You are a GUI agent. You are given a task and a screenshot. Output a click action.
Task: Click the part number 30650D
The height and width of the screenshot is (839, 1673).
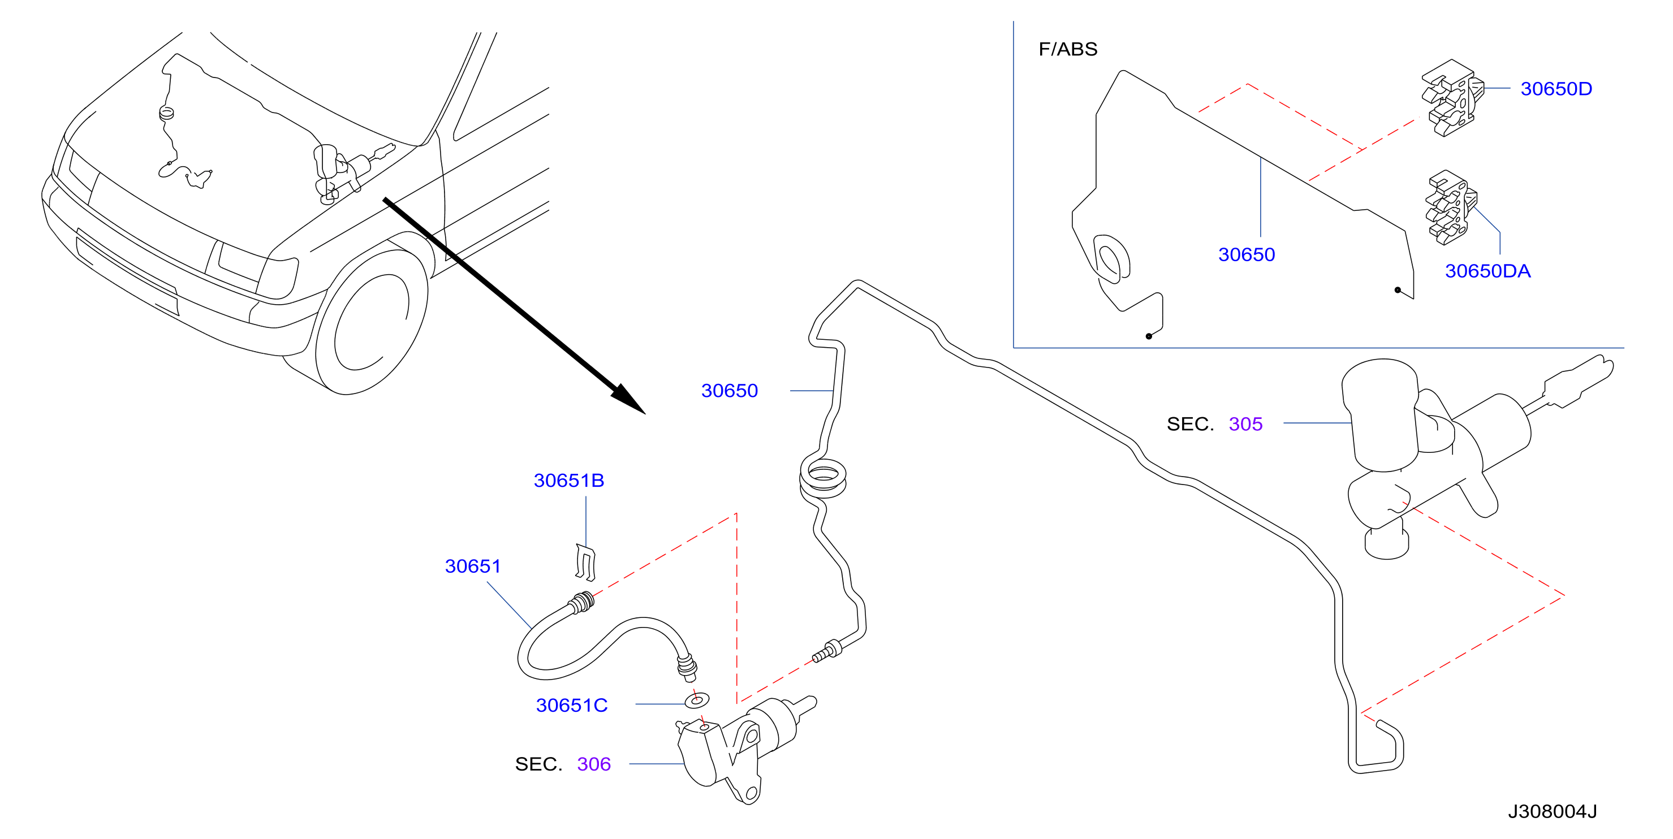point(1556,88)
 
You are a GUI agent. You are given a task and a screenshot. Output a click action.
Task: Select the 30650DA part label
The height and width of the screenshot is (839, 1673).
point(1487,271)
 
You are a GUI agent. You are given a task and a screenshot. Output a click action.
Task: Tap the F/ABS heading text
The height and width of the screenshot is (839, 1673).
point(1068,49)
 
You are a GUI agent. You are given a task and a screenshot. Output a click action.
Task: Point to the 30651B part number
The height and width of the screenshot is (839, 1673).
point(569,481)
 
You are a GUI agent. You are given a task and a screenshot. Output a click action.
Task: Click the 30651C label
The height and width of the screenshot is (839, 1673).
point(571,705)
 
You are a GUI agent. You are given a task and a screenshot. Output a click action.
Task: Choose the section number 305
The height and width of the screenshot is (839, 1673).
point(1245,424)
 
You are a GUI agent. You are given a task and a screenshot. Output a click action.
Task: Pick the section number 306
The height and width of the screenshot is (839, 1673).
point(594,764)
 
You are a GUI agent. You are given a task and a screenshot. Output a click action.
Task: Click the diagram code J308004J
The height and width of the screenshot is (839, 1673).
point(1552,812)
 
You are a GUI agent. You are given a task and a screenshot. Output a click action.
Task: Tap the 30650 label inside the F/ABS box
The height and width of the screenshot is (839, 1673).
point(1247,254)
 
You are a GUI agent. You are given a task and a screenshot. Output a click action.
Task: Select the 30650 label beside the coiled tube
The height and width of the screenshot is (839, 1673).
point(730,391)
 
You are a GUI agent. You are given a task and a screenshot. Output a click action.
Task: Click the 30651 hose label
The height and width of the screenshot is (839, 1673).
point(473,566)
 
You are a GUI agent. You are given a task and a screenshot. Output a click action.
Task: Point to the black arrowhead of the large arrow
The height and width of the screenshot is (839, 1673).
point(627,399)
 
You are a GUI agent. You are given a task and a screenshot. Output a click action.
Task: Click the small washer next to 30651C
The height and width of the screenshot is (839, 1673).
point(697,700)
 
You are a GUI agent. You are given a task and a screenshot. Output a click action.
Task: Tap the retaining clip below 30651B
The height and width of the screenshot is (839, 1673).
point(586,563)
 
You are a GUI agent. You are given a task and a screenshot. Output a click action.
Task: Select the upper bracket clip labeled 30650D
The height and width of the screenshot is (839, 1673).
point(1452,98)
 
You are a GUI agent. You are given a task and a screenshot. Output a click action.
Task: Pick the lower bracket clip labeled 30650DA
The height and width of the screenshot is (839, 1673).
point(1450,208)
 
